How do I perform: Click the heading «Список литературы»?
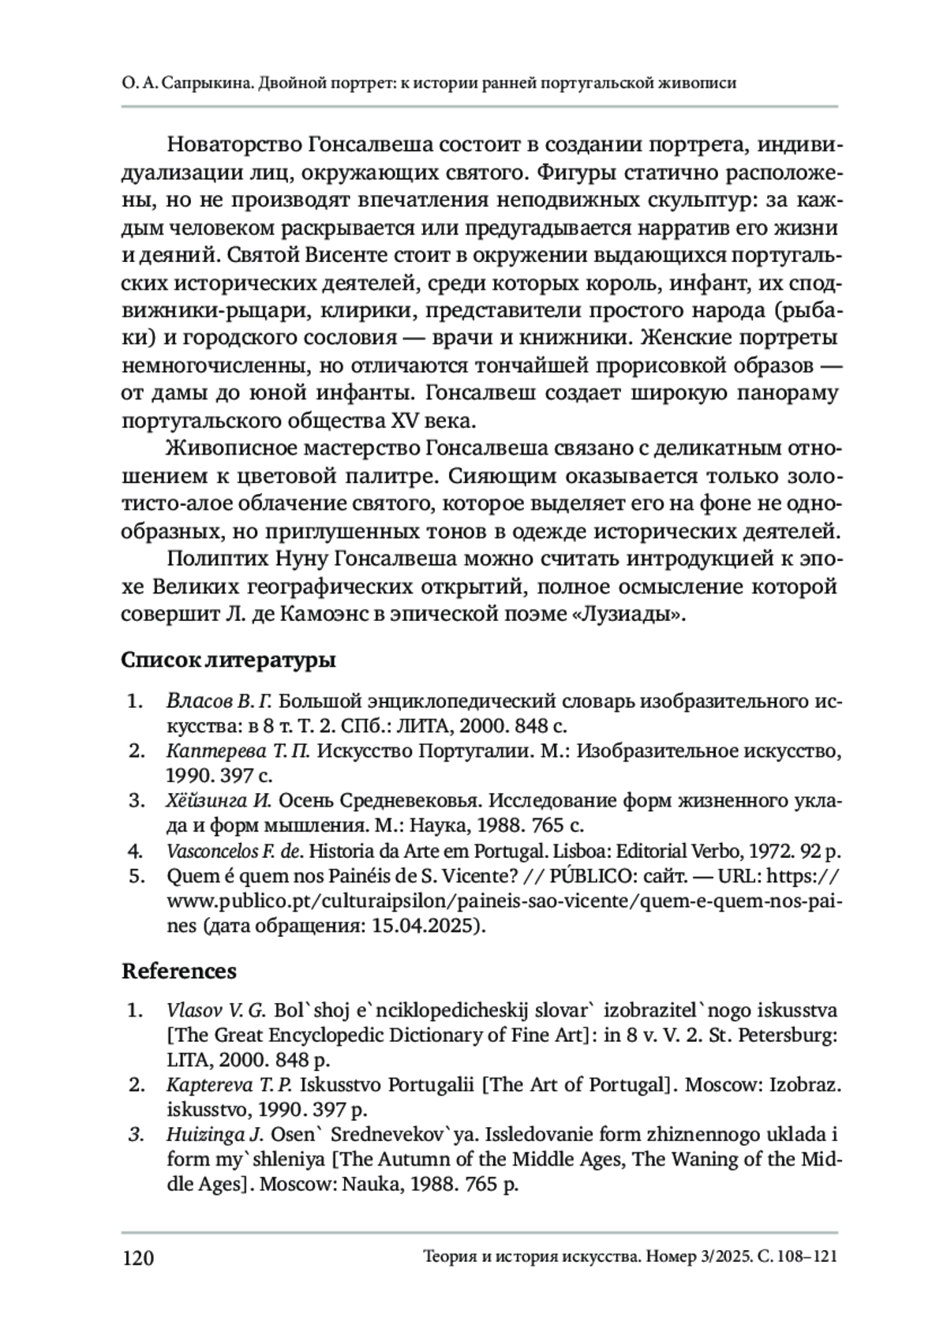(x=228, y=660)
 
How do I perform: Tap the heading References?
(x=178, y=970)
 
